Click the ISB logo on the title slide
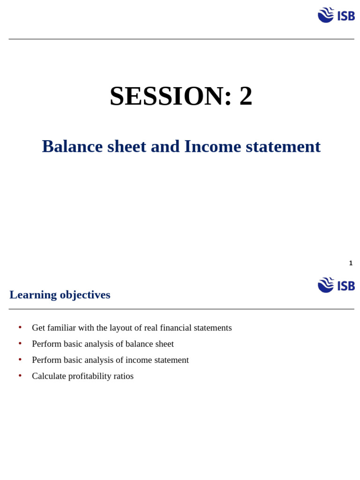(x=336, y=15)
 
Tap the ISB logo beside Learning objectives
(x=336, y=285)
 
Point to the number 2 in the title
(x=246, y=96)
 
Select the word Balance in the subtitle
(x=72, y=147)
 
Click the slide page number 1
(x=351, y=263)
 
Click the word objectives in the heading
(x=85, y=295)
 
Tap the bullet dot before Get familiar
(x=20, y=327)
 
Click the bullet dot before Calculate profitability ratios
(x=20, y=375)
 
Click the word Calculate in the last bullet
(x=49, y=376)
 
